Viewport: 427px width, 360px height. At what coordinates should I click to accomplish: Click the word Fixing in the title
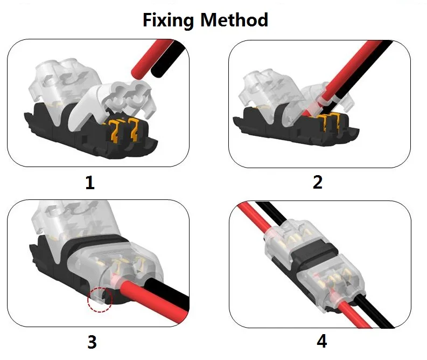point(168,20)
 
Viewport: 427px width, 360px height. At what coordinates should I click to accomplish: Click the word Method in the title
point(234,19)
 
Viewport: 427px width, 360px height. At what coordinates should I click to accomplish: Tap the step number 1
point(90,182)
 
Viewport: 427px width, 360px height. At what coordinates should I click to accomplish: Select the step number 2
point(318,182)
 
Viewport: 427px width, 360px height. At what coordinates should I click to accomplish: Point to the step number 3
point(92,342)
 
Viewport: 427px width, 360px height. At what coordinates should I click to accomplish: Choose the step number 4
point(321,341)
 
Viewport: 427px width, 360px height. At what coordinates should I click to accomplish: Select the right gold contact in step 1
point(134,129)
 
